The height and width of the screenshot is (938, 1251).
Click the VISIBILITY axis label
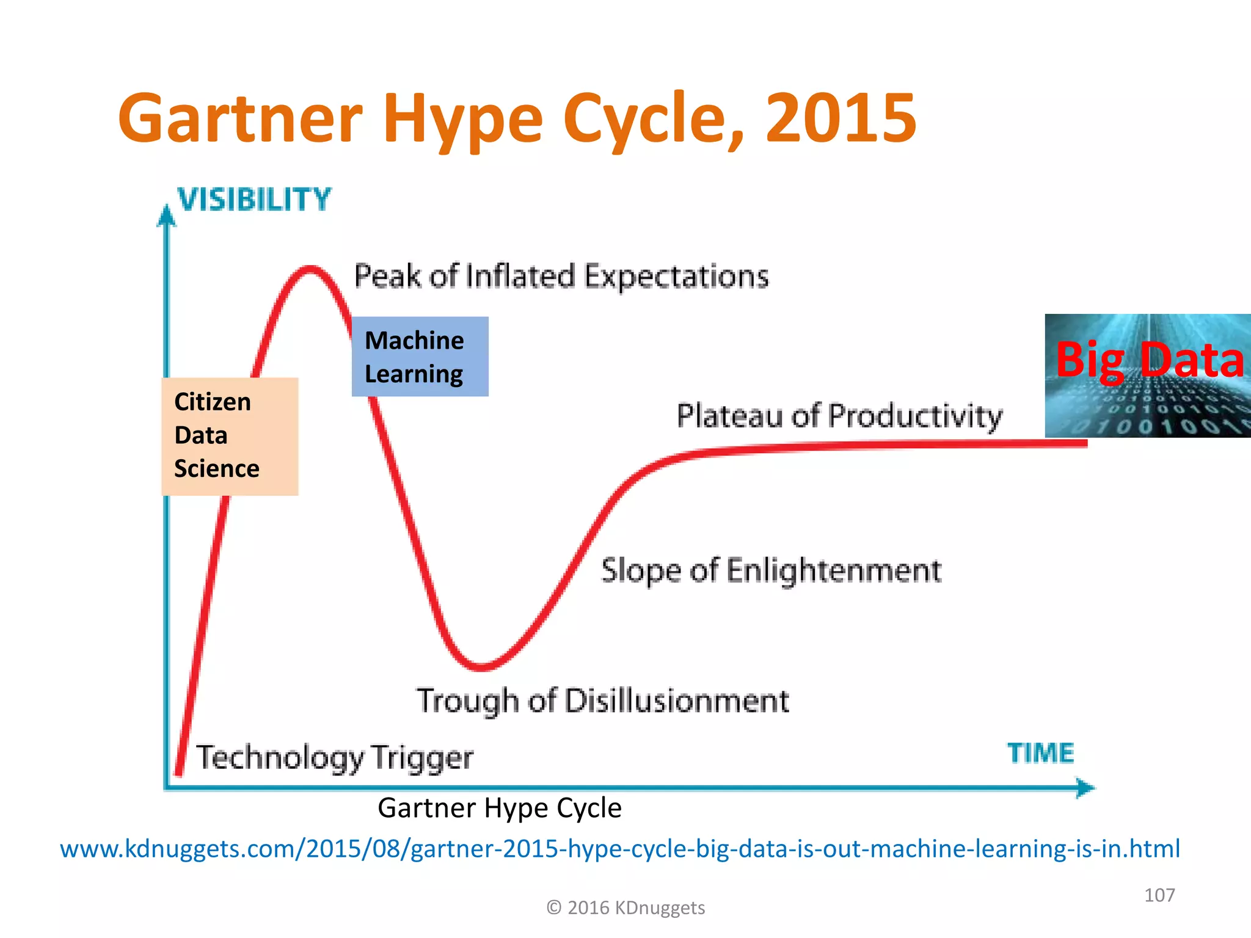pyautogui.click(x=254, y=200)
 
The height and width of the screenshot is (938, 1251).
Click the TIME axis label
pyautogui.click(x=1040, y=753)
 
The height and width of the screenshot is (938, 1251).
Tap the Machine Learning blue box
pyautogui.click(x=420, y=357)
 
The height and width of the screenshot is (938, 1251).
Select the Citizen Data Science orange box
pyautogui.click(x=230, y=436)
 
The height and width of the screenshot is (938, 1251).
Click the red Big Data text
pyautogui.click(x=1149, y=360)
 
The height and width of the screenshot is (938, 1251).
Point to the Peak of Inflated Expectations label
pyautogui.click(x=561, y=276)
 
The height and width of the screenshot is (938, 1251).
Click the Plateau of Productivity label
pyautogui.click(x=839, y=416)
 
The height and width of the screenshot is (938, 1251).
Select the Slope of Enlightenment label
pyautogui.click(x=771, y=570)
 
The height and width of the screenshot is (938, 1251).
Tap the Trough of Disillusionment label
pyautogui.click(x=602, y=700)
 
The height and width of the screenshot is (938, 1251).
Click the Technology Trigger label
pyautogui.click(x=334, y=757)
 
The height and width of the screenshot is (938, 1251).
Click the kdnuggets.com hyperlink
pyautogui.click(x=619, y=849)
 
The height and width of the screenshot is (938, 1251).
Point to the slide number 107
pyautogui.click(x=1159, y=895)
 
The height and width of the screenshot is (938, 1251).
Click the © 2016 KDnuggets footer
pyautogui.click(x=625, y=908)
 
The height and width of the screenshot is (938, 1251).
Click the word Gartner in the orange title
pyautogui.click(x=241, y=117)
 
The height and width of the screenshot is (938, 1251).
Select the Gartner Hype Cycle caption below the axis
pyautogui.click(x=499, y=808)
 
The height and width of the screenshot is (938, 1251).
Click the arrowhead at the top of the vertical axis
pyautogui.click(x=166, y=215)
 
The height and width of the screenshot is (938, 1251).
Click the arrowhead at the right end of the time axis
pyautogui.click(x=1085, y=788)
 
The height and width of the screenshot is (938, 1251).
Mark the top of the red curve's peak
pyautogui.click(x=311, y=268)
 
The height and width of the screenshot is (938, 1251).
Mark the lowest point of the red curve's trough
pyautogui.click(x=482, y=667)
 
